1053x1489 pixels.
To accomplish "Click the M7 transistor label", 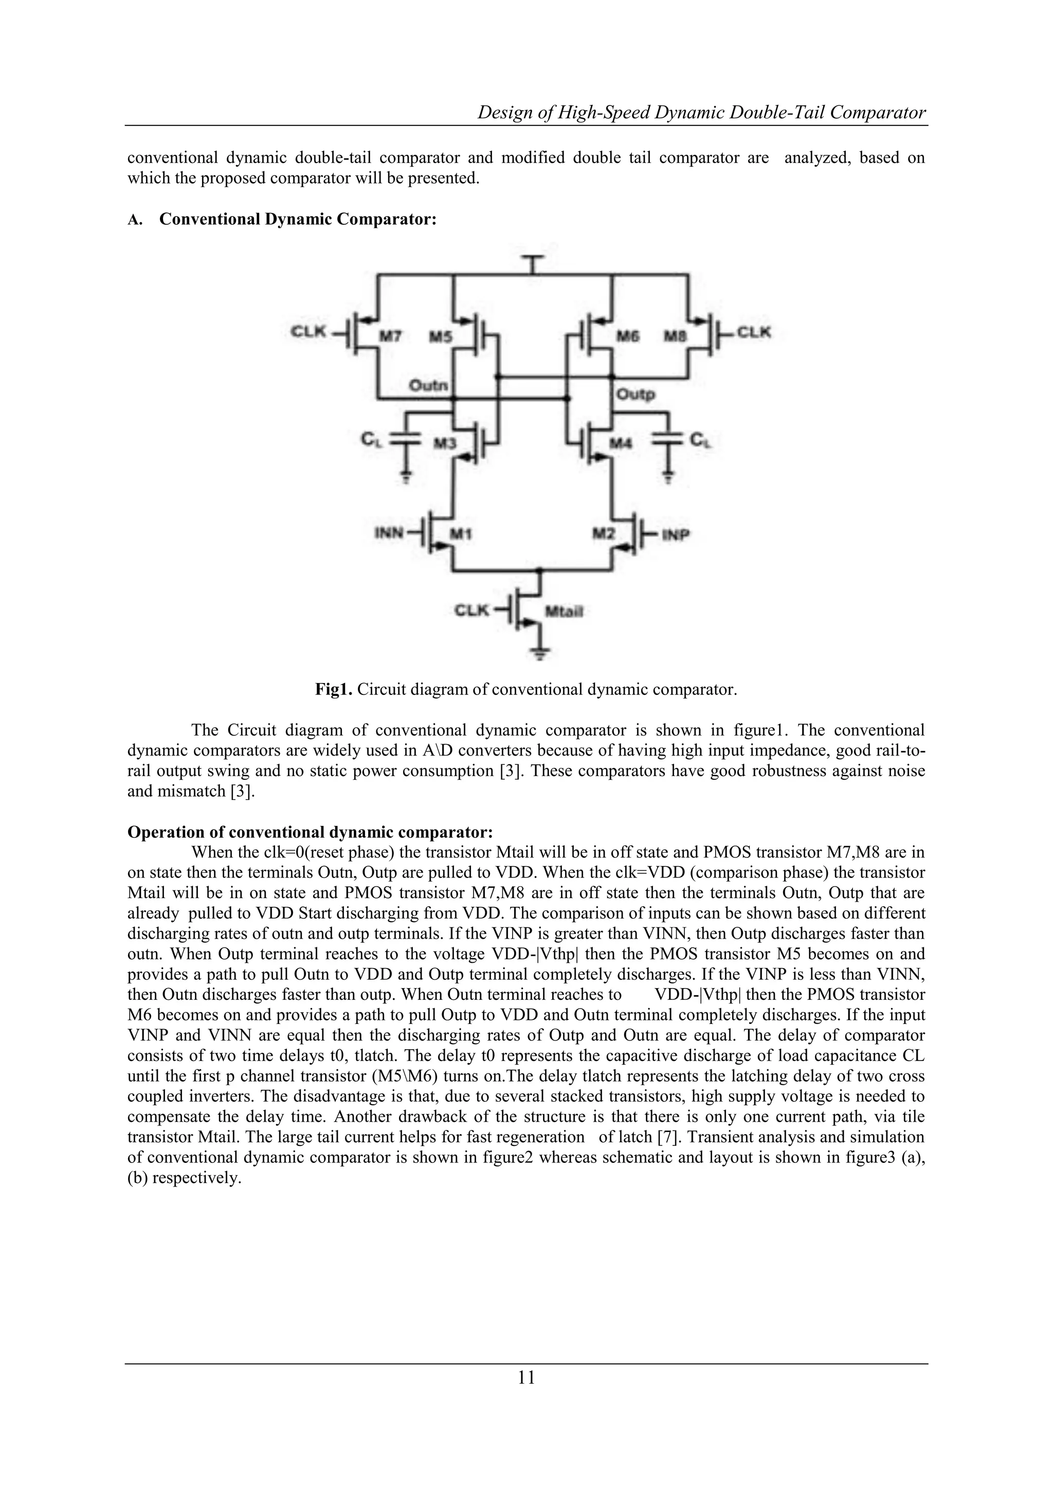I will tap(390, 336).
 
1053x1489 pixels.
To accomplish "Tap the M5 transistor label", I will tap(442, 336).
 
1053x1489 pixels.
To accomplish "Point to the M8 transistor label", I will tap(676, 336).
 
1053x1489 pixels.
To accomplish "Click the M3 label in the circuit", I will tap(445, 443).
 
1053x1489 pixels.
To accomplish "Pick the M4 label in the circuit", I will tap(621, 443).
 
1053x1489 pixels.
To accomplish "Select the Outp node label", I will tap(636, 394).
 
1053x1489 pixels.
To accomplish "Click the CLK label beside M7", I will tap(308, 332).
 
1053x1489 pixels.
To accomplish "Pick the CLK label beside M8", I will tap(754, 332).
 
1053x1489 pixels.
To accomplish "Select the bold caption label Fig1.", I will tap(333, 689).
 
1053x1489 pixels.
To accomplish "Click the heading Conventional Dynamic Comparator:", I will tap(298, 219).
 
